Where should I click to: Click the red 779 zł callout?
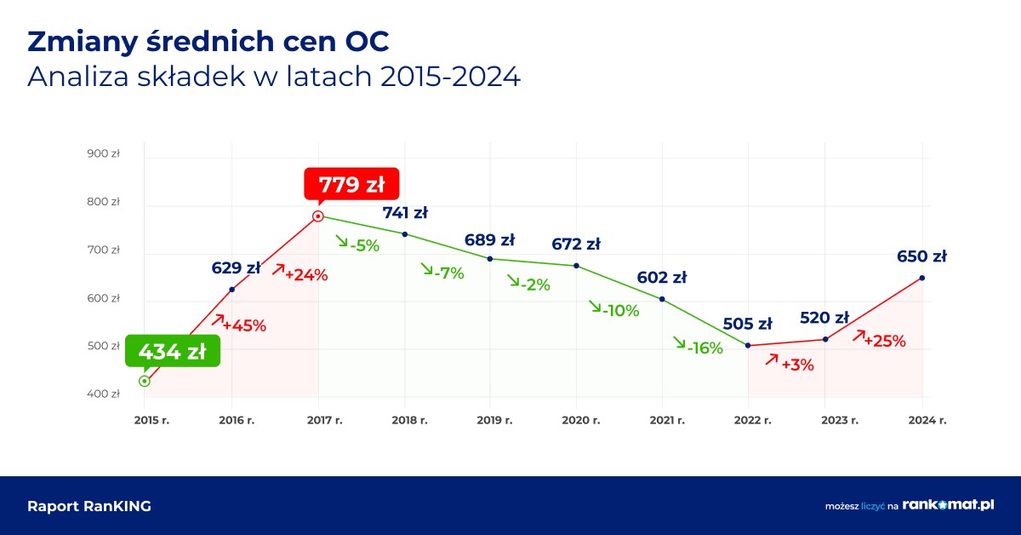[x=351, y=185]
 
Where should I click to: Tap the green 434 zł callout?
[x=173, y=352]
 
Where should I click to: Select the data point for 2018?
[x=404, y=234]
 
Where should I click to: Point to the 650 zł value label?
[x=921, y=256]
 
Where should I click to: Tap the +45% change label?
[x=244, y=325]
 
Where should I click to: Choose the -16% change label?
[x=705, y=348]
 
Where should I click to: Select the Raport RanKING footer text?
[x=89, y=506]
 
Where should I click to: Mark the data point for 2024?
[x=921, y=278]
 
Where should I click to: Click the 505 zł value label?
[x=747, y=324]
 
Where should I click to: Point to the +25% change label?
[x=885, y=341]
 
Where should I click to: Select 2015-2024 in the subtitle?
[x=450, y=77]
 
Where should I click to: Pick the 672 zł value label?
[x=576, y=244]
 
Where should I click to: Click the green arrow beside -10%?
[x=594, y=306]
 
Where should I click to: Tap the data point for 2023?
[x=825, y=340]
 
